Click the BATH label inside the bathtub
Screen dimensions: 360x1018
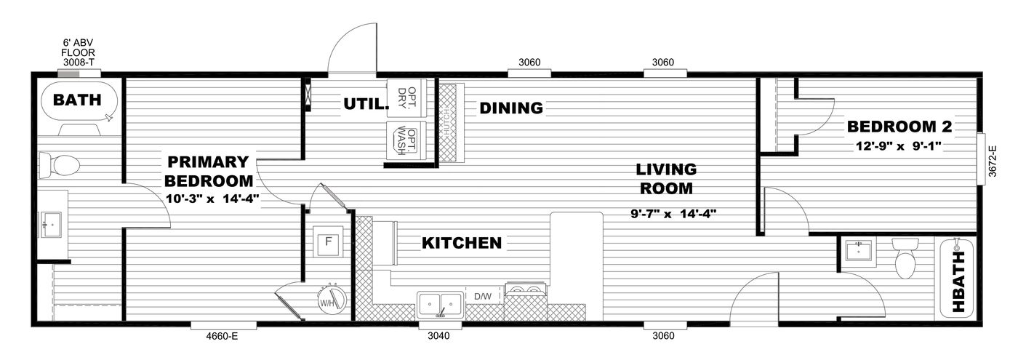(76, 100)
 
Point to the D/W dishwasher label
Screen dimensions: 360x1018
(483, 296)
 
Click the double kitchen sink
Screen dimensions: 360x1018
(440, 302)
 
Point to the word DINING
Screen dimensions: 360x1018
(511, 108)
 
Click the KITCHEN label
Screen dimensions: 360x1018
(462, 243)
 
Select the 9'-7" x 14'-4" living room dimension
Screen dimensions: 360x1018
(673, 214)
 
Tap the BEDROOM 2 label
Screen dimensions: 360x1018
(899, 127)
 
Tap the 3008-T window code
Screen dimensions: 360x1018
(78, 63)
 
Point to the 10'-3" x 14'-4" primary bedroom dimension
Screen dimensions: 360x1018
(209, 197)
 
